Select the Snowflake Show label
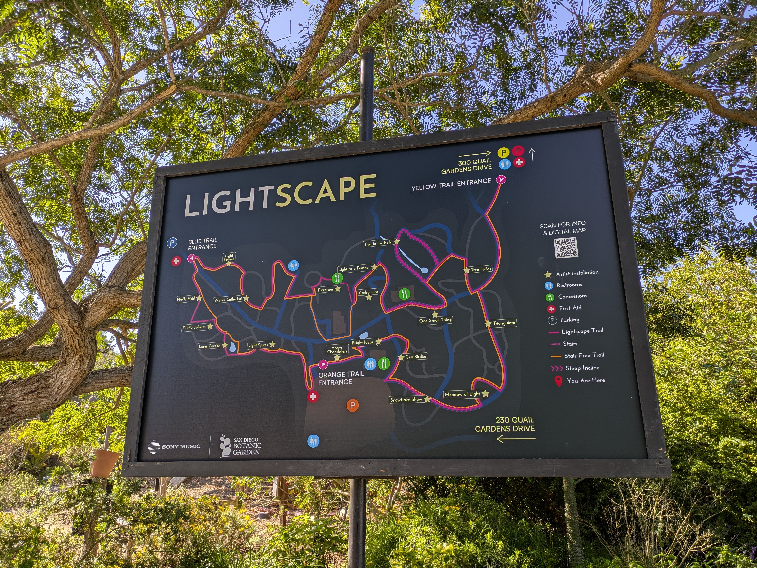coord(406,399)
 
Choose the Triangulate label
coord(504,323)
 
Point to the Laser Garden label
coord(209,346)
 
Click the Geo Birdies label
coord(416,356)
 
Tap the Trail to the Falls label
coord(378,243)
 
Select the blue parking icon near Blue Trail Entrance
coord(172,243)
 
